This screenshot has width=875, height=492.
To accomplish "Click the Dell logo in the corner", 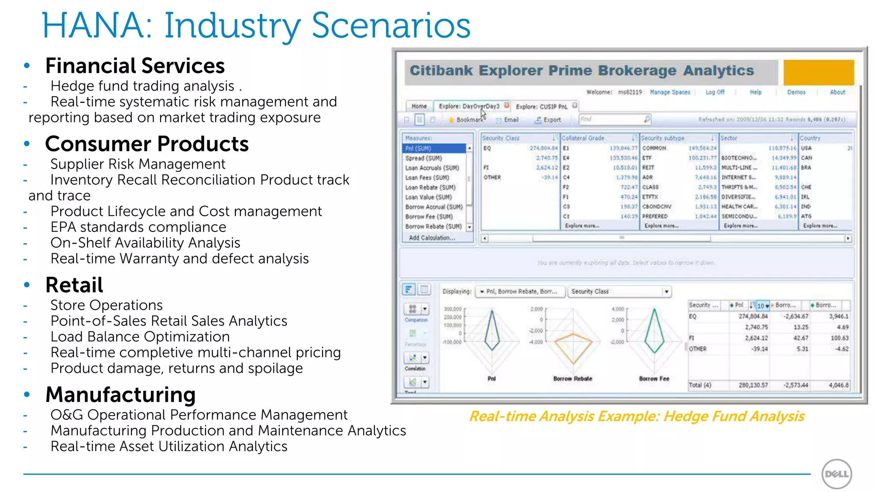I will (x=837, y=474).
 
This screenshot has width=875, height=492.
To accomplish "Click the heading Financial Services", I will (x=135, y=66).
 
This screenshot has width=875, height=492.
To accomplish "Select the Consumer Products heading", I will (x=147, y=144).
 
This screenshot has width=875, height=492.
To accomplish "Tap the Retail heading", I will (x=74, y=285).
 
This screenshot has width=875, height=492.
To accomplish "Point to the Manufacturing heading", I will (x=120, y=395).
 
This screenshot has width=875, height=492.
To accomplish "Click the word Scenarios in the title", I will (x=391, y=26).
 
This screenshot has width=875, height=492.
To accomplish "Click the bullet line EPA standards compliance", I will (x=138, y=227).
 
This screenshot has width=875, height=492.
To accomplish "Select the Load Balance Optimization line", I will (x=140, y=337).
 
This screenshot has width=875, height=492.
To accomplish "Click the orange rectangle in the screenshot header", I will (x=818, y=72).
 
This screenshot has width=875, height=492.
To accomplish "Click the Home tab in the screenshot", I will (x=419, y=106).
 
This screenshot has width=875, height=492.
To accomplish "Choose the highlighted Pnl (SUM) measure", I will (x=434, y=148).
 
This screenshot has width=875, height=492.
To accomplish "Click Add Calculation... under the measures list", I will (x=432, y=238).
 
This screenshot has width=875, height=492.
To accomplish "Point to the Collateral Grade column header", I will (x=583, y=138).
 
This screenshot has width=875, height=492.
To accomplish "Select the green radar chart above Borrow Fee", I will (x=654, y=331).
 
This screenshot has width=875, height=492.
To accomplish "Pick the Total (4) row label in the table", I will (x=700, y=385).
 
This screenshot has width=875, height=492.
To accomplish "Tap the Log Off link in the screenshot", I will (x=715, y=92).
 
